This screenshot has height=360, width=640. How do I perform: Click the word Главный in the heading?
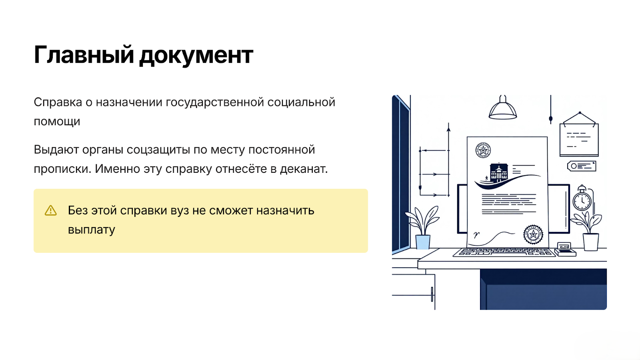84,54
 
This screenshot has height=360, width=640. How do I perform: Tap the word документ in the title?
196,56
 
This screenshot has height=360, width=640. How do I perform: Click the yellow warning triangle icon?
50,210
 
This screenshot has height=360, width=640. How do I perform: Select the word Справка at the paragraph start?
58,102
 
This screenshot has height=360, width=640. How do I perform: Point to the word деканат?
304,169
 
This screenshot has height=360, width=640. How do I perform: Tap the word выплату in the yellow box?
92,230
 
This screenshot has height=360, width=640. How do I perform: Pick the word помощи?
57,122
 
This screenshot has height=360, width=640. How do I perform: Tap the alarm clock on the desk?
582,198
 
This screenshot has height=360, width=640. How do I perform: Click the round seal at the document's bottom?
533,234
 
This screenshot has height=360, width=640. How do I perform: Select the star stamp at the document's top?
483,150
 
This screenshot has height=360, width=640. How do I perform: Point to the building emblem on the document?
499,172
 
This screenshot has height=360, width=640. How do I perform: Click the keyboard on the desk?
504,252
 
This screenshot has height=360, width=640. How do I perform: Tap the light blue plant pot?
423,242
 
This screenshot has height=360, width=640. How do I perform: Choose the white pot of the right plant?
590,242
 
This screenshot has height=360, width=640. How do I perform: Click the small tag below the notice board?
582,166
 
